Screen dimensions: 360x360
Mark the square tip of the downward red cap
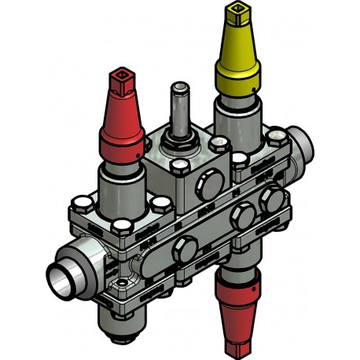(239, 347)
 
